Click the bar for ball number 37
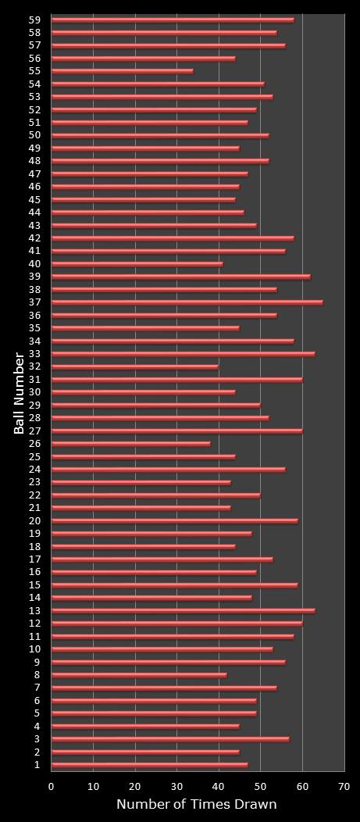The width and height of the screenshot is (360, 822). pos(187,302)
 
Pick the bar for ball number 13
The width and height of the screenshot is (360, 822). pos(184,611)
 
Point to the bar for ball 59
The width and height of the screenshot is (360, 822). pos(173,20)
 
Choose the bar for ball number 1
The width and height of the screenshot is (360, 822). pos(150,765)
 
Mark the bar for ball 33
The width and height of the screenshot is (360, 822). pos(184,354)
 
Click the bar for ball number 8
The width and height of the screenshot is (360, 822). pos(139,675)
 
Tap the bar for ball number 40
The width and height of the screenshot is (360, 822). pos(137,264)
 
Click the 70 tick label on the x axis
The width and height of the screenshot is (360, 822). pos(344,787)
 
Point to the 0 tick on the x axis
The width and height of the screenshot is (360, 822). pos(52,787)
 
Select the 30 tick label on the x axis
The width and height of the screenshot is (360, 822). pos(177,787)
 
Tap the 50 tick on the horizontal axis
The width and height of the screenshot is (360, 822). pos(261,787)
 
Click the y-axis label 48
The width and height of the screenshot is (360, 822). pos(34,161)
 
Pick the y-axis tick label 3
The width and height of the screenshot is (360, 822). pos(37,739)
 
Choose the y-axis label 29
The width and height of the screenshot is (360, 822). pos(34,406)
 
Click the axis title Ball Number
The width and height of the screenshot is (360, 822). pos(19,392)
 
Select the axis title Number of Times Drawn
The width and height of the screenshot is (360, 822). pos(197,805)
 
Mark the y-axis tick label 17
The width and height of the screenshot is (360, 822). pos(34,559)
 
